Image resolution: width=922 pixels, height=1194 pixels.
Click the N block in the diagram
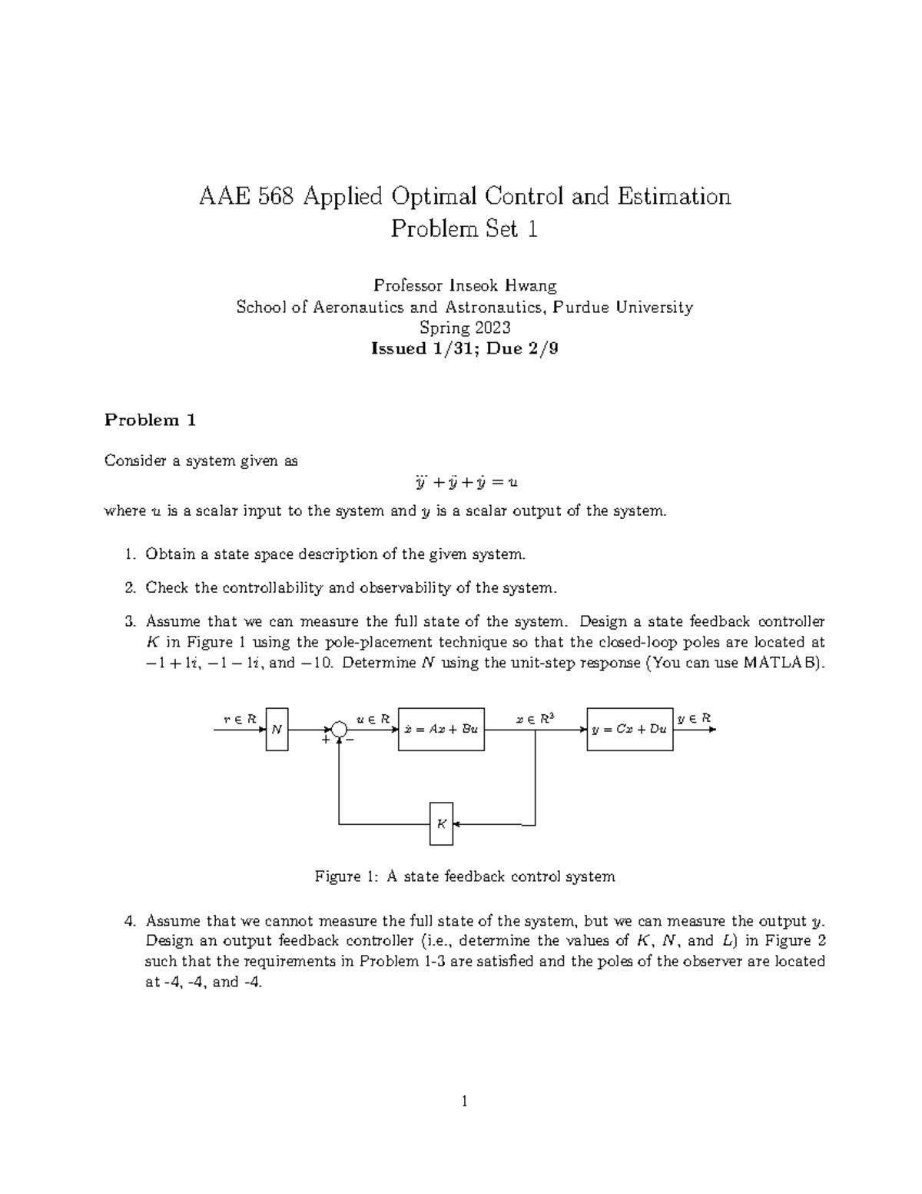pyautogui.click(x=277, y=730)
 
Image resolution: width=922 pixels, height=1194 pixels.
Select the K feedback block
pyautogui.click(x=441, y=823)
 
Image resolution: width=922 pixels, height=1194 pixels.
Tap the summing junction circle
pyautogui.click(x=339, y=730)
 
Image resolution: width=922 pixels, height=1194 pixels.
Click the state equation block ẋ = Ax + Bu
pyautogui.click(x=441, y=729)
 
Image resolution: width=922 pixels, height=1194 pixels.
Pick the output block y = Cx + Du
pyautogui.click(x=629, y=729)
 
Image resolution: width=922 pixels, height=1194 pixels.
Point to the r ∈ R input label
pyautogui.click(x=239, y=719)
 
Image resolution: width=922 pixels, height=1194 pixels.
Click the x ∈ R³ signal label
pyautogui.click(x=535, y=719)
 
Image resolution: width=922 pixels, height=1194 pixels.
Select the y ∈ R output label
pyautogui.click(x=694, y=718)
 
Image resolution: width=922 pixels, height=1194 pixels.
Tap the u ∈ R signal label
pyautogui.click(x=373, y=719)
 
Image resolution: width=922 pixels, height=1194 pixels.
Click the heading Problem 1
pyautogui.click(x=151, y=420)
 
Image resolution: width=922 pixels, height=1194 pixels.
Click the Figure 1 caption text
pyautogui.click(x=465, y=876)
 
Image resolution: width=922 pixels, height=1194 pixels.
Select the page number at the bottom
pyautogui.click(x=465, y=1102)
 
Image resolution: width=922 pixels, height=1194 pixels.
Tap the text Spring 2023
pyautogui.click(x=465, y=328)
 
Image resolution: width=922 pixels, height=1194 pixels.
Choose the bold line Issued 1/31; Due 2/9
pyautogui.click(x=465, y=348)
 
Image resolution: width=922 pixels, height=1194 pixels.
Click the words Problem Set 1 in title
pyautogui.click(x=464, y=229)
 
